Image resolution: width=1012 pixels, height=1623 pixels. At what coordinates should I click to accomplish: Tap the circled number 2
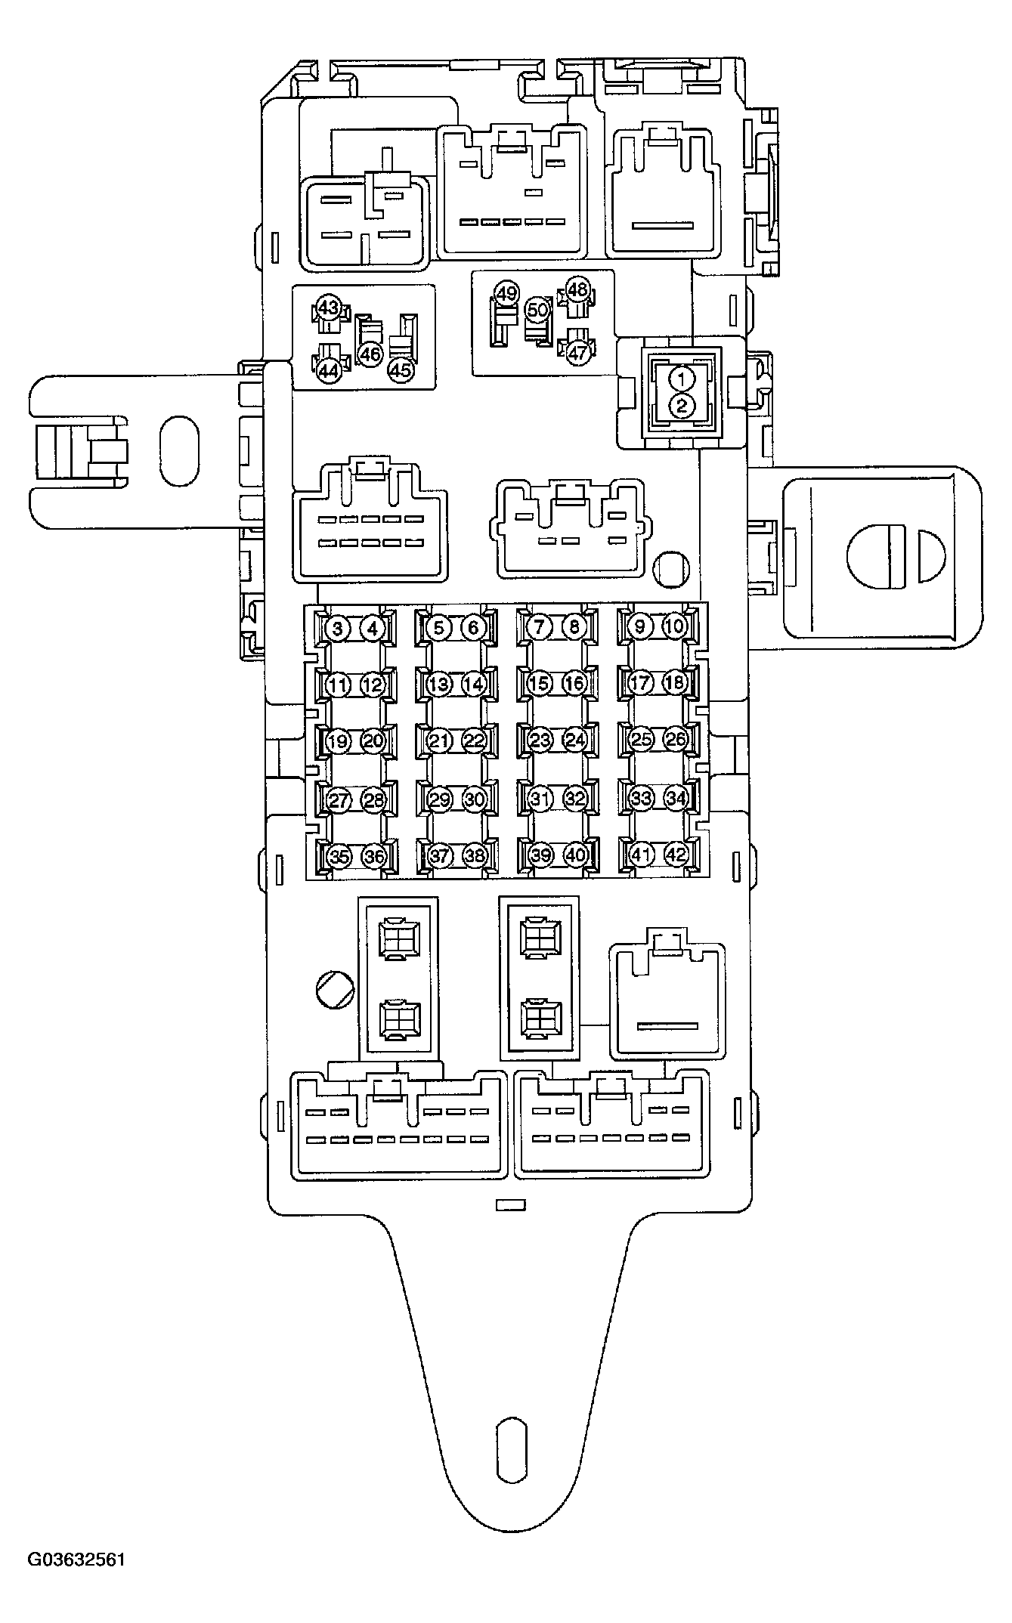(682, 406)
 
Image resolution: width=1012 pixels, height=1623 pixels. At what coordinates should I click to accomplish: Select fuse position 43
(328, 308)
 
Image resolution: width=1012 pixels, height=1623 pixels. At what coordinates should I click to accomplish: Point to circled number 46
(370, 354)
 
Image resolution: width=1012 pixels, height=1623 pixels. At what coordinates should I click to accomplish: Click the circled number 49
(506, 292)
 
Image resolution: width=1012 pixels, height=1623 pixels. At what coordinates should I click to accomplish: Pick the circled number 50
(537, 309)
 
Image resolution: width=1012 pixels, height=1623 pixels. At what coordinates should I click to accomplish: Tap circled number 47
(577, 352)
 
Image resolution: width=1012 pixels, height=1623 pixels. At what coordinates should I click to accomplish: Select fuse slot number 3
(338, 627)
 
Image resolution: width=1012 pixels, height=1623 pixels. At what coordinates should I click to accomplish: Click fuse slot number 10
(674, 626)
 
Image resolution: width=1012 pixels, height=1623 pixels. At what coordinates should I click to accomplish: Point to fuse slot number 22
(474, 740)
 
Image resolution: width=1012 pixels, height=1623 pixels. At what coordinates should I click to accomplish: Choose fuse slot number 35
(339, 856)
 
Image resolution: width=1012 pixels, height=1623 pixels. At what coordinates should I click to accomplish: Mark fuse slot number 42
(676, 855)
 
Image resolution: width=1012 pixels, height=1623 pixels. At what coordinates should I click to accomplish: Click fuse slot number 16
(574, 684)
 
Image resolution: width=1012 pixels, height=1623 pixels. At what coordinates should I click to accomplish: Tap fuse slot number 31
(540, 798)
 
